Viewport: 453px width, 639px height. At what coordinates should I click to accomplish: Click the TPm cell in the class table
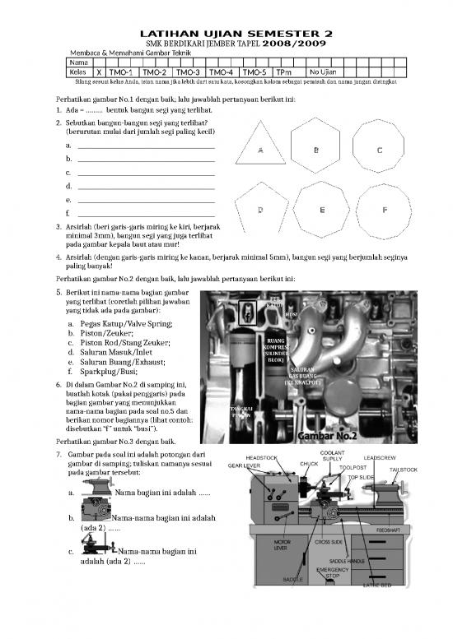(284, 72)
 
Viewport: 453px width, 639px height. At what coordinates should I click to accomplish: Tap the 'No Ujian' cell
(324, 72)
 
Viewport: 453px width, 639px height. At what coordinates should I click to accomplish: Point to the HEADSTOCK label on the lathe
(261, 457)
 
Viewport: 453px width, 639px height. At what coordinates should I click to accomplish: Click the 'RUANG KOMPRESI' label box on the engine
(276, 350)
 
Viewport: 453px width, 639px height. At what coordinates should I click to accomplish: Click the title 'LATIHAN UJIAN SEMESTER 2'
(226, 31)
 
